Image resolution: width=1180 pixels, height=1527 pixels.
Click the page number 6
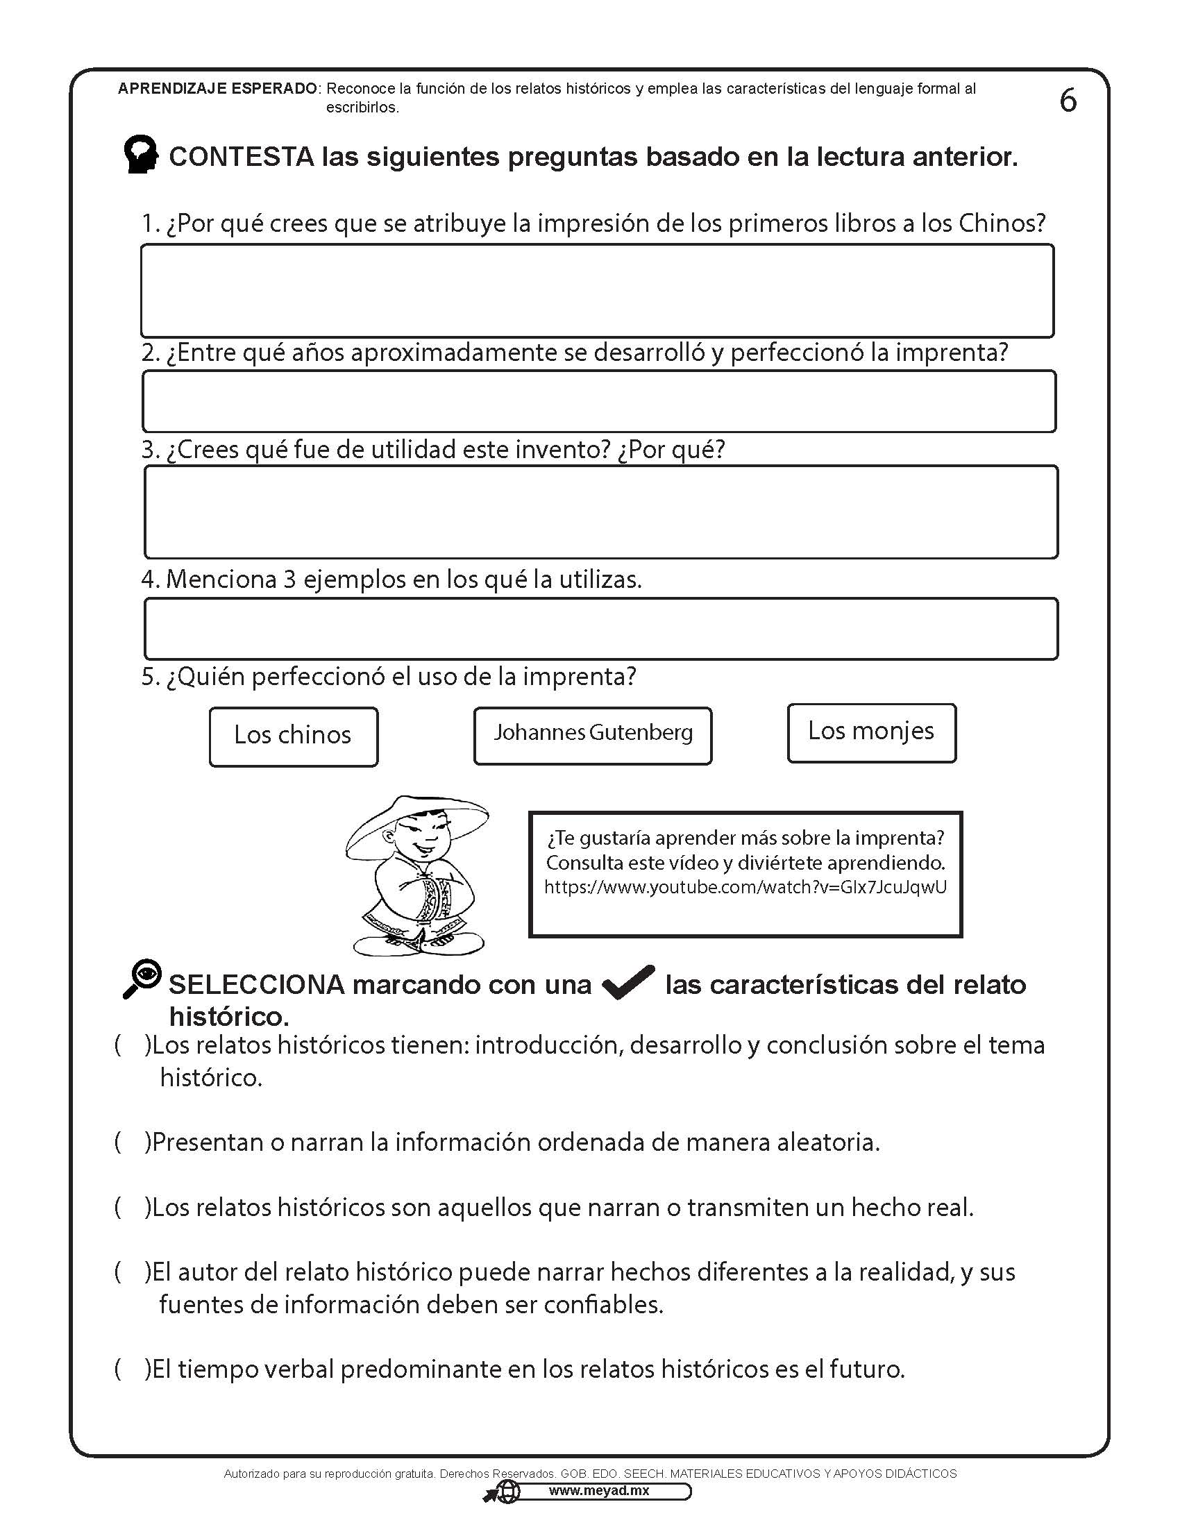tap(1068, 101)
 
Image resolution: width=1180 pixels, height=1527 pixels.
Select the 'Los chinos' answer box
tap(293, 736)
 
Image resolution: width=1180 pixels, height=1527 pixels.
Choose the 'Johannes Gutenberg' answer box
tap(592, 735)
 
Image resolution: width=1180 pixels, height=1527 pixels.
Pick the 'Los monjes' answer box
tap(871, 732)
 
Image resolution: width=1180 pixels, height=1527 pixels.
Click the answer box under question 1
tap(597, 291)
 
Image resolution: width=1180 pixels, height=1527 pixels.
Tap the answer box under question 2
tap(598, 400)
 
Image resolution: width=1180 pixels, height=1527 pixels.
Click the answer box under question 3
tap(600, 512)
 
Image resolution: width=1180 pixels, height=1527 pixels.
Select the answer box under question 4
tap(600, 628)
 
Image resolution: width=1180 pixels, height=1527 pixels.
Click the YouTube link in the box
tap(745, 887)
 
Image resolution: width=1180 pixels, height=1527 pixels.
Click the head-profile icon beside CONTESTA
tap(140, 155)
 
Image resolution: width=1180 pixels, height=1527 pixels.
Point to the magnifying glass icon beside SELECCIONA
tap(142, 978)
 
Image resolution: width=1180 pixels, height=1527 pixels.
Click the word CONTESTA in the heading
tap(242, 157)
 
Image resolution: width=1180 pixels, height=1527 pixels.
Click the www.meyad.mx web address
tap(598, 1491)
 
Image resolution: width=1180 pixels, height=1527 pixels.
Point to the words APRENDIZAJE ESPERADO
tap(217, 89)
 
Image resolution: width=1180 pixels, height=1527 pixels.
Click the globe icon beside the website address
tap(508, 1492)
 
